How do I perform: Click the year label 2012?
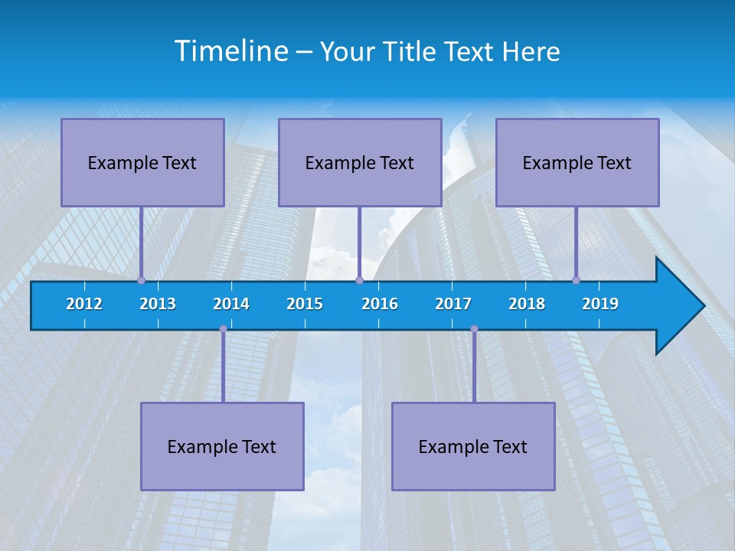click(84, 304)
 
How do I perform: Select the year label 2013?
click(158, 304)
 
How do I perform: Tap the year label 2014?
click(231, 304)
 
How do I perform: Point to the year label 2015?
click(305, 304)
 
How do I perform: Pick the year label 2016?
click(380, 304)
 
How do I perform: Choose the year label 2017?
click(453, 304)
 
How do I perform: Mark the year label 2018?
click(527, 304)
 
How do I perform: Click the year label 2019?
click(600, 304)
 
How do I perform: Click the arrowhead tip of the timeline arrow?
click(702, 306)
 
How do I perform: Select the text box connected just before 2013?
click(142, 162)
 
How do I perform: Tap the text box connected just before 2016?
click(360, 162)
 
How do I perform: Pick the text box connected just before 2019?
click(577, 162)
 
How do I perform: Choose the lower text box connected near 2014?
click(222, 446)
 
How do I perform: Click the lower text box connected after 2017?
click(473, 446)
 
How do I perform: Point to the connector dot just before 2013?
click(141, 280)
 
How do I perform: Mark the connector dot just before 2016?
click(359, 280)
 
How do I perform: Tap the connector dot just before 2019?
click(576, 280)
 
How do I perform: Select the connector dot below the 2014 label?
click(223, 329)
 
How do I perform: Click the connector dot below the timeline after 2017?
click(474, 329)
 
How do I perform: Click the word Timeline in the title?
click(232, 51)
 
